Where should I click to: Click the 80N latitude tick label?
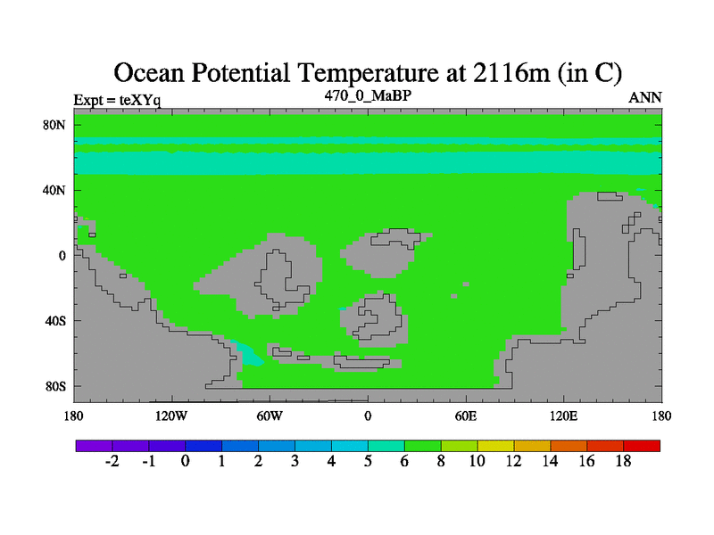[x=54, y=125]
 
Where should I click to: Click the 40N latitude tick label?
[x=54, y=190]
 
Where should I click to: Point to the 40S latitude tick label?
[x=55, y=321]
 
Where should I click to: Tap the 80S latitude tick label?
[x=55, y=386]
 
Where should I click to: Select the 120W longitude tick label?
[x=170, y=416]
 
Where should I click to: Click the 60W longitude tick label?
[x=270, y=416]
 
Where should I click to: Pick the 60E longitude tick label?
[x=465, y=416]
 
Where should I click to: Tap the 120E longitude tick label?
[x=563, y=416]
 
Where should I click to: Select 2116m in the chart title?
[x=511, y=73]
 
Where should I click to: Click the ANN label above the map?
[x=644, y=97]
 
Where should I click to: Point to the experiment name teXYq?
[x=140, y=100]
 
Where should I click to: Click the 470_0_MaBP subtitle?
[x=368, y=95]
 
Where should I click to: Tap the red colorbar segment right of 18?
[x=642, y=446]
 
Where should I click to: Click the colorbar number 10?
[x=477, y=461]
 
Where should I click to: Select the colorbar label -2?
[x=112, y=461]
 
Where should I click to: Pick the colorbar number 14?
[x=550, y=461]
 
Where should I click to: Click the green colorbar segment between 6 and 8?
[x=422, y=446]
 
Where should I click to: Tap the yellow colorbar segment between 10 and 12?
[x=495, y=446]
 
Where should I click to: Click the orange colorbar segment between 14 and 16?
[x=569, y=446]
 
